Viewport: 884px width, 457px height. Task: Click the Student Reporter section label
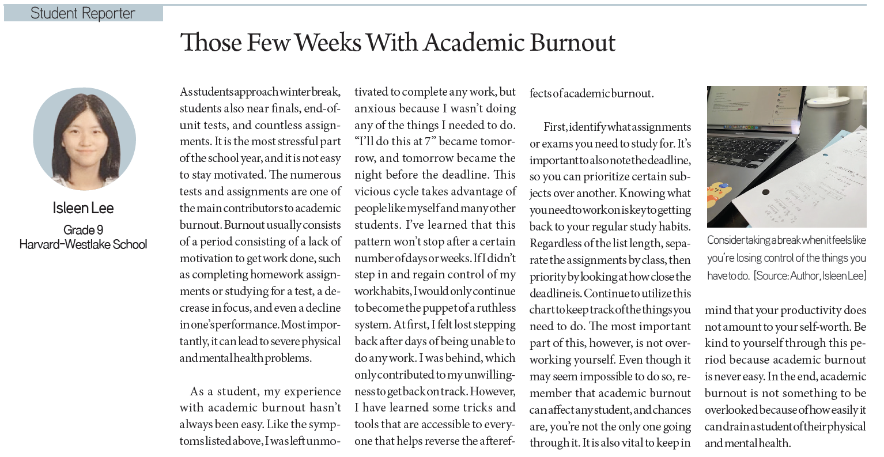pyautogui.click(x=83, y=13)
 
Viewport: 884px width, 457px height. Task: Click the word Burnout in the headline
pyautogui.click(x=572, y=43)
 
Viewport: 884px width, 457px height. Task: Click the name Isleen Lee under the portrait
pyautogui.click(x=84, y=207)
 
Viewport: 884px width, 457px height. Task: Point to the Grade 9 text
pyautogui.click(x=84, y=230)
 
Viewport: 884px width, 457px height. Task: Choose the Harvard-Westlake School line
pyautogui.click(x=84, y=244)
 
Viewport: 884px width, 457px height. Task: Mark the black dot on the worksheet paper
pyautogui.click(x=766, y=192)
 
